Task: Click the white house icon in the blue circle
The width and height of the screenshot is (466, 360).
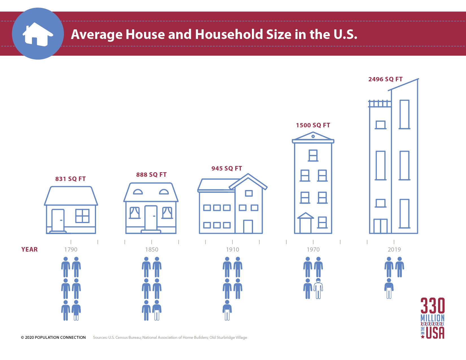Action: [38, 34]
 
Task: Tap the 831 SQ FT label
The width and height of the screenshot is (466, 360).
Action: [70, 179]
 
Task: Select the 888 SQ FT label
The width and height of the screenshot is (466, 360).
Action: [151, 174]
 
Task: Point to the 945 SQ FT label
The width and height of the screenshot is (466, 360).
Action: [227, 168]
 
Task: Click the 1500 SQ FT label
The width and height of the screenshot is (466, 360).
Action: [313, 125]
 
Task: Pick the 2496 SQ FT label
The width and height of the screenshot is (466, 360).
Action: [385, 79]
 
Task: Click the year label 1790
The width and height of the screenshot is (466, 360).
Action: [71, 249]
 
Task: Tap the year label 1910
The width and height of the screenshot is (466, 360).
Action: [232, 249]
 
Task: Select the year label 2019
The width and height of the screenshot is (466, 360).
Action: [394, 249]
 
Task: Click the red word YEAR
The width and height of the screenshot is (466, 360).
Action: [29, 249]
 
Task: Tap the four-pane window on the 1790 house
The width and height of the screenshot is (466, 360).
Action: [82, 216]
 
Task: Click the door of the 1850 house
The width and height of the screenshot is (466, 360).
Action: [151, 217]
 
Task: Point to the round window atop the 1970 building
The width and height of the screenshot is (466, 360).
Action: [313, 136]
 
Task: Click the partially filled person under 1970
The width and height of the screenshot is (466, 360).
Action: [318, 289]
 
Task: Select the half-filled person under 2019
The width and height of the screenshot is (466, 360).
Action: [389, 289]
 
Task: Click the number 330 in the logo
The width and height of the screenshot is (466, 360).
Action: [432, 306]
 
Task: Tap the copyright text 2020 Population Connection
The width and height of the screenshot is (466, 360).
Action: [53, 337]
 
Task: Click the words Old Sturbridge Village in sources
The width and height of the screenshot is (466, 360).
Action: [228, 337]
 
